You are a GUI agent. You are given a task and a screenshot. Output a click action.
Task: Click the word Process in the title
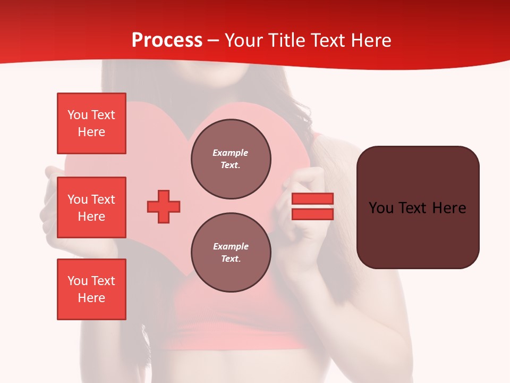point(167,40)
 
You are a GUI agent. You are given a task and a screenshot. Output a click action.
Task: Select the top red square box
point(91,123)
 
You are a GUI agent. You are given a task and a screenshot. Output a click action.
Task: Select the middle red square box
point(91,207)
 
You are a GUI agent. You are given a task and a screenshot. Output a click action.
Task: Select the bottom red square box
point(91,289)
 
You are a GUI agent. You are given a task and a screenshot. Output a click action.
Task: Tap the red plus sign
point(164,206)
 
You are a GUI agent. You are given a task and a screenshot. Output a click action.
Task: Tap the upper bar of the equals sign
point(312,198)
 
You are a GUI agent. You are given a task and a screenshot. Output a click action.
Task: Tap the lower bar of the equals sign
point(312,214)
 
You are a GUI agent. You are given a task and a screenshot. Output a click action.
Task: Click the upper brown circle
point(231,159)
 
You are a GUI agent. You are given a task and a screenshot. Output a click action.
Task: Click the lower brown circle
point(231,253)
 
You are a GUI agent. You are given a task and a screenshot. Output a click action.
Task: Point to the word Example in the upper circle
point(231,153)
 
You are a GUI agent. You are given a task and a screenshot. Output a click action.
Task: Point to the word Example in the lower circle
point(231,246)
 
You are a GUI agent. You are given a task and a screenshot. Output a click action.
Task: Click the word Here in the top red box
point(91,132)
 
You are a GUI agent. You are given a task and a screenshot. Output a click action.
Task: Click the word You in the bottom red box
point(78,281)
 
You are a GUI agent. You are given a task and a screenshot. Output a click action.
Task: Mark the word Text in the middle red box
point(103,199)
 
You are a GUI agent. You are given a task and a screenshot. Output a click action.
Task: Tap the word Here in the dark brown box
point(449,208)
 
